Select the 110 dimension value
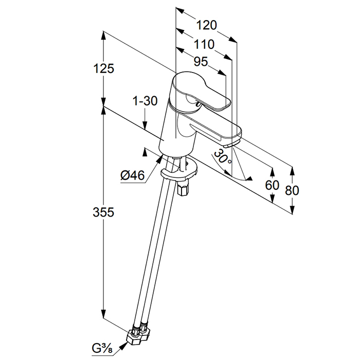click(x=204, y=43)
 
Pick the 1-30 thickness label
click(x=145, y=101)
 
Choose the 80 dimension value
click(x=292, y=190)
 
